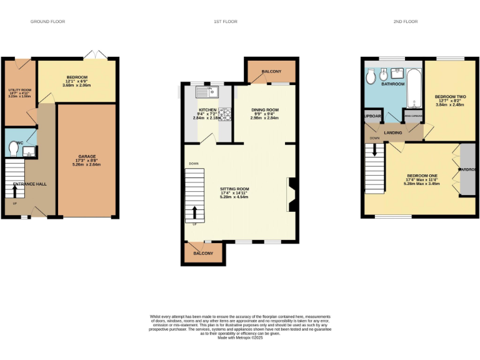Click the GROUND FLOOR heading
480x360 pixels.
(47, 22)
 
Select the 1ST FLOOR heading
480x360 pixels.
(224, 22)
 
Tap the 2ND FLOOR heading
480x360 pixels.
(406, 22)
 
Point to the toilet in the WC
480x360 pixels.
(14, 148)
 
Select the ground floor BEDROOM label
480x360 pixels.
(77, 77)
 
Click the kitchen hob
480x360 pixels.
(224, 114)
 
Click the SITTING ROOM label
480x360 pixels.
(234, 189)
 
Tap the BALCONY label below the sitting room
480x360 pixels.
(202, 253)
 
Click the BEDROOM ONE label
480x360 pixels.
(422, 176)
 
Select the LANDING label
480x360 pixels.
(393, 132)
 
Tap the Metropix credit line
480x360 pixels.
(240, 338)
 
